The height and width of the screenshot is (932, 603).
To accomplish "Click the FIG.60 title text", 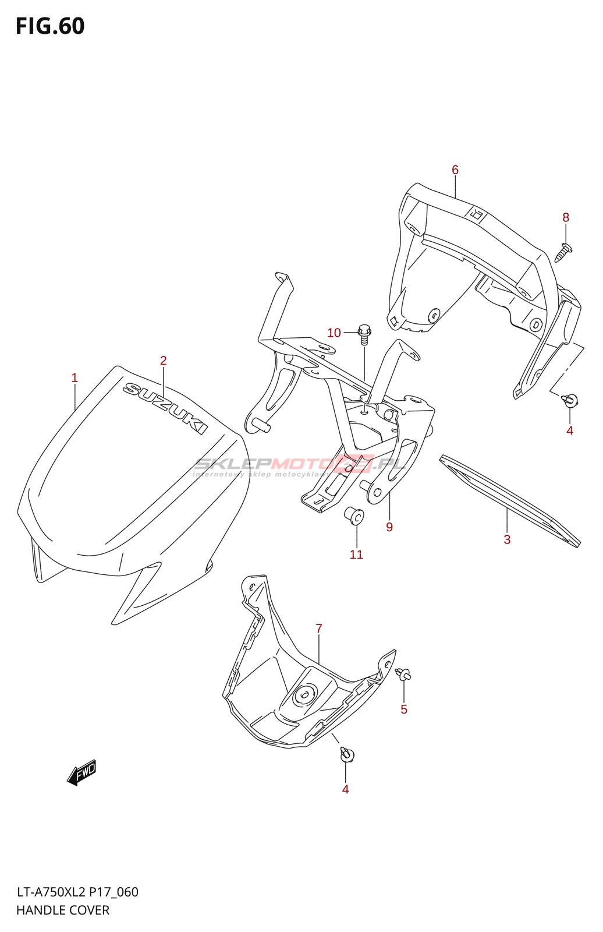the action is pos(50,26).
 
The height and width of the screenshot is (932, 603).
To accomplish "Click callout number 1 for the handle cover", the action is pos(75,377).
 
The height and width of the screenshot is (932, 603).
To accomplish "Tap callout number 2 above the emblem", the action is pos(164,361).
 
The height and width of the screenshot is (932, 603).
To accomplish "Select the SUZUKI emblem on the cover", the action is pos(165,408).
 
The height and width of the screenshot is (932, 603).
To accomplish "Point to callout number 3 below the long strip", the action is pos(507,540).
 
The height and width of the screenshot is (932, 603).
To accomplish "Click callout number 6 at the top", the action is pos(455,170).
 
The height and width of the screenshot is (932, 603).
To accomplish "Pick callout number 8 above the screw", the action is pos(566,217).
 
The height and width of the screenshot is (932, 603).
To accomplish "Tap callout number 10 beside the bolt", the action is pos(334,333).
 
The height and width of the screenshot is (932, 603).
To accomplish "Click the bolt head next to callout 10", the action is pos(364,332).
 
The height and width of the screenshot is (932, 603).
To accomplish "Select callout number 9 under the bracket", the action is pos(389,527).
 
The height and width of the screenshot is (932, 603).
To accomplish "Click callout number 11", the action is pos(356,555).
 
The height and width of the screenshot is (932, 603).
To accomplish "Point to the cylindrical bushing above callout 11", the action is pos(354,516).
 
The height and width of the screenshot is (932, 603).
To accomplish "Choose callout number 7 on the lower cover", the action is pos(319,629).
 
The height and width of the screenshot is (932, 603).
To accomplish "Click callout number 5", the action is pos(404,709).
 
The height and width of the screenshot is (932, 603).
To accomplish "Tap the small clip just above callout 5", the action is pos(403,675).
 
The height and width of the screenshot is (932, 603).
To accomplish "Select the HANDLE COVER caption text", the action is pos(63,910).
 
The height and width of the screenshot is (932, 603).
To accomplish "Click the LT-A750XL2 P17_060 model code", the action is pos(77,892).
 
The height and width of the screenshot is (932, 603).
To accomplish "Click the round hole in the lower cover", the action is pos(304,694).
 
